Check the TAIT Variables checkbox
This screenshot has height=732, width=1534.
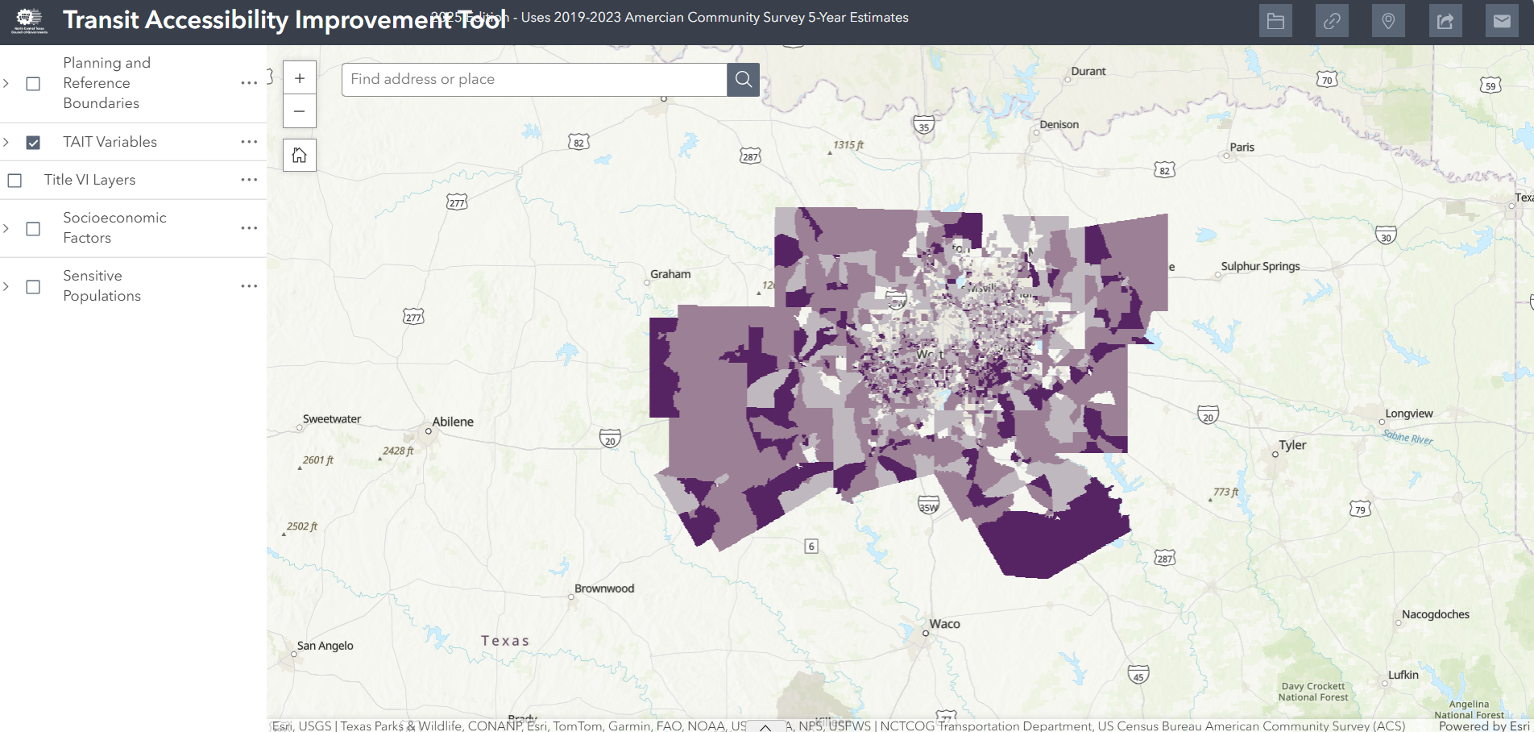pyautogui.click(x=33, y=143)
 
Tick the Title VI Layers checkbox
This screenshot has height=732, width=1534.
pyautogui.click(x=15, y=181)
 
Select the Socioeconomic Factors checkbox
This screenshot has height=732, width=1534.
pyautogui.click(x=33, y=229)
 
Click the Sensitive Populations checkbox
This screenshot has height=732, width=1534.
pyautogui.click(x=33, y=287)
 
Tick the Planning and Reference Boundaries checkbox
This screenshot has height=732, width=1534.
pyautogui.click(x=33, y=84)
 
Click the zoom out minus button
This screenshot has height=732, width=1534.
pyautogui.click(x=300, y=111)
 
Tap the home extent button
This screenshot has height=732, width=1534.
pyautogui.click(x=300, y=155)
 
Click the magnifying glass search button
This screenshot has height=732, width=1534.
pyautogui.click(x=743, y=79)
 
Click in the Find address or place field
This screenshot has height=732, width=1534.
pyautogui.click(x=533, y=79)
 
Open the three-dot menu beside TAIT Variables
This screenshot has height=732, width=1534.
pyautogui.click(x=249, y=142)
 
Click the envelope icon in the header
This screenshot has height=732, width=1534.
pyautogui.click(x=1502, y=21)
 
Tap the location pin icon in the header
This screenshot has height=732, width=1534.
pyautogui.click(x=1388, y=21)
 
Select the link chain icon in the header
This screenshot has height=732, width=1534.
pyautogui.click(x=1332, y=21)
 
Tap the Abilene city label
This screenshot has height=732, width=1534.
pyautogui.click(x=453, y=422)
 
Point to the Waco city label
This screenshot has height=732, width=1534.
pyautogui.click(x=944, y=624)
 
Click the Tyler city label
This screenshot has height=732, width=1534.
pyautogui.click(x=1292, y=445)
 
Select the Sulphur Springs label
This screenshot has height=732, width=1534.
pyautogui.click(x=1260, y=266)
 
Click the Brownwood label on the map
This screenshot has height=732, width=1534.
pyautogui.click(x=604, y=589)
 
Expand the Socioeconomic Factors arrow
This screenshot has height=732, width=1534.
pyautogui.click(x=6, y=229)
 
